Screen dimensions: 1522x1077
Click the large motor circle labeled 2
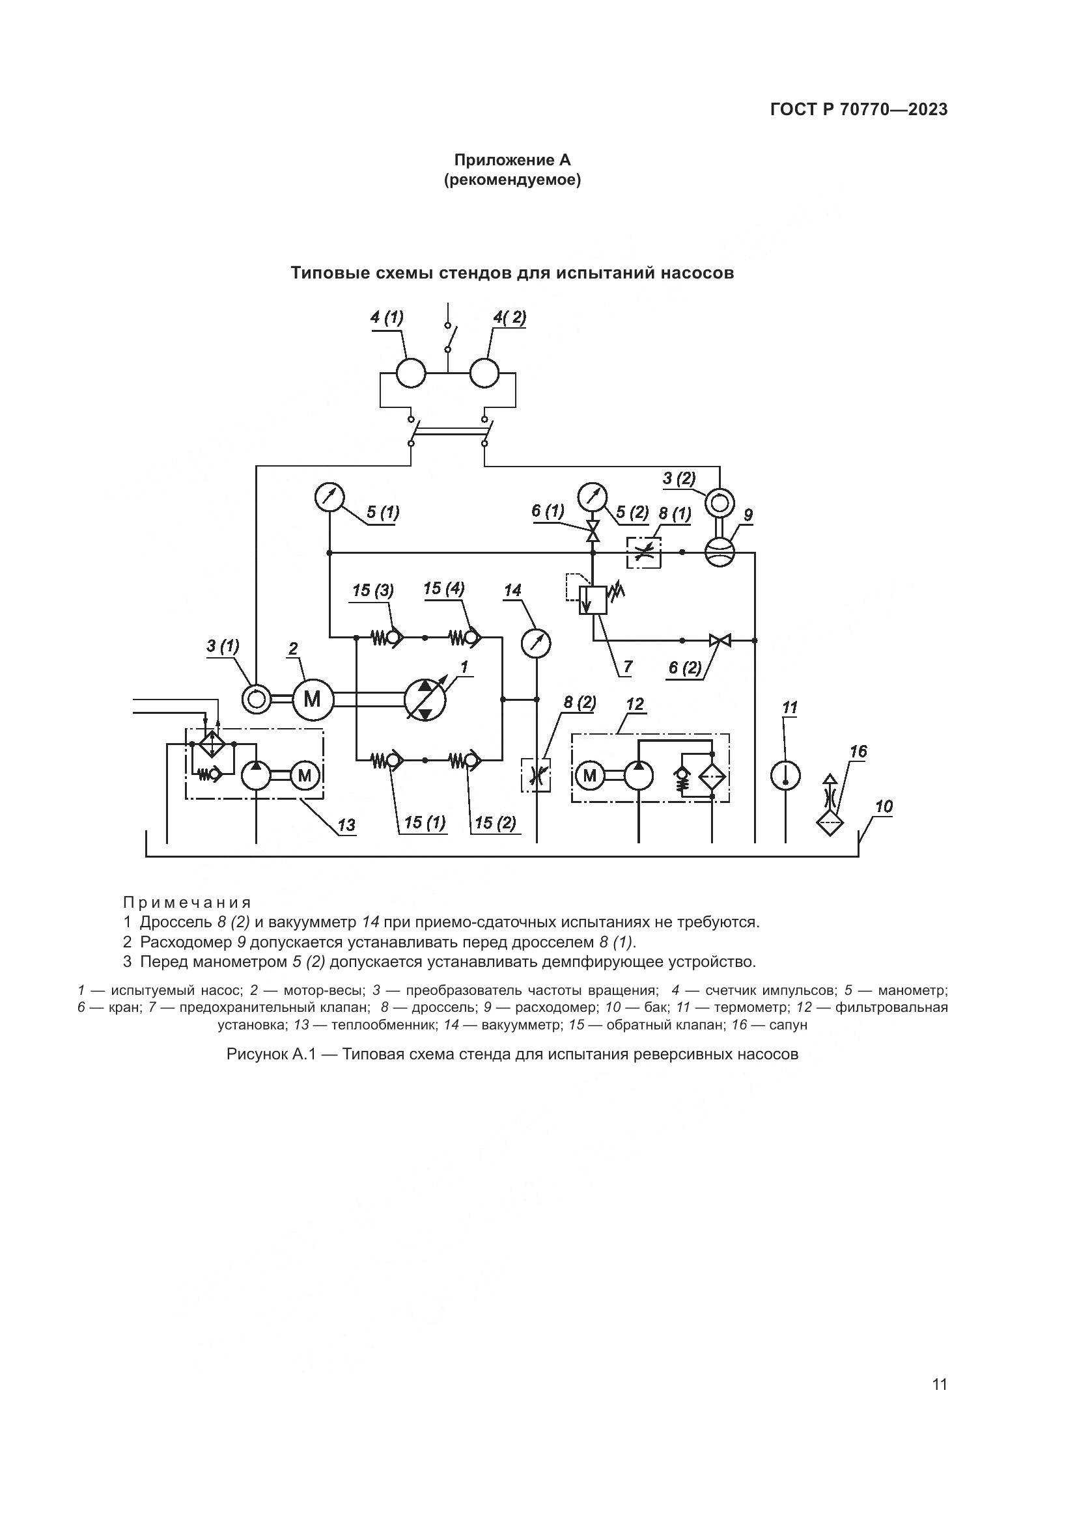tap(312, 700)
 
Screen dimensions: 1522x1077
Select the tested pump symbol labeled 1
tap(425, 700)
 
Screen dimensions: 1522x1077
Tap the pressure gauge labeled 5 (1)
tap(328, 497)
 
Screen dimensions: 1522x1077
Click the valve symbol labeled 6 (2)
tap(720, 640)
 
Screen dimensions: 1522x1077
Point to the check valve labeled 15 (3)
tap(393, 638)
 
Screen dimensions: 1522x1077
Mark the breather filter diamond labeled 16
tap(830, 823)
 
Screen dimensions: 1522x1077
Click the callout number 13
tap(346, 825)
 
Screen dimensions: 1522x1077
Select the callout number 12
tap(635, 705)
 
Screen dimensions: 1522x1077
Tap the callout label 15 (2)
tap(495, 823)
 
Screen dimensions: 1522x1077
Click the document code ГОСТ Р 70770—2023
tap(859, 110)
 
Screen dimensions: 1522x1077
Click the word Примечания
tap(187, 903)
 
